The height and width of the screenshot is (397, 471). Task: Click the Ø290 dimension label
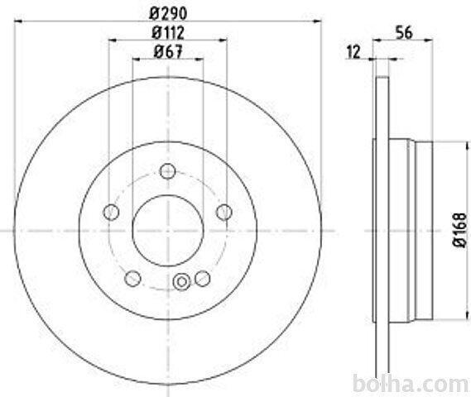[x=169, y=13]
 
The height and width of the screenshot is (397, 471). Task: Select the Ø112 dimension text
[x=168, y=32]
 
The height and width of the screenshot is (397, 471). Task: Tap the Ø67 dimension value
[x=168, y=51]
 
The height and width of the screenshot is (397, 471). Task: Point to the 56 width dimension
[x=404, y=32]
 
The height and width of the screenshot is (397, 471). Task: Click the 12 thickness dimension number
[x=353, y=52]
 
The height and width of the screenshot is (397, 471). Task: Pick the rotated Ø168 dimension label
[x=459, y=231]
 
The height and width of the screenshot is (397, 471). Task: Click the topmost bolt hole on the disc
[x=167, y=171]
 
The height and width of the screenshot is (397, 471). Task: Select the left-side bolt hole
[x=111, y=213]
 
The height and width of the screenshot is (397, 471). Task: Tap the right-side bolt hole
[x=224, y=213]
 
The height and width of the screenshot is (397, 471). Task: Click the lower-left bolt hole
[x=132, y=278]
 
